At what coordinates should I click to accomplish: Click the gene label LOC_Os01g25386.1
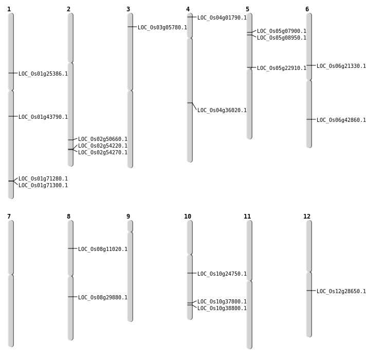tap(43, 74)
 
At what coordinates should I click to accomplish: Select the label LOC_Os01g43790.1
tap(43, 117)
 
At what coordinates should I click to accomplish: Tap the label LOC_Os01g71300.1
tap(43, 185)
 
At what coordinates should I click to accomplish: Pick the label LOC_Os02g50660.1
tap(103, 139)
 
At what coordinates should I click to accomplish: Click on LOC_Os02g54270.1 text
tap(103, 152)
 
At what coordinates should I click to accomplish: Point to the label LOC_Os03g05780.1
tap(162, 27)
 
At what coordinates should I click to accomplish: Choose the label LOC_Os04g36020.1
tap(222, 110)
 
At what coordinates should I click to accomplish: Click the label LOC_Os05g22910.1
tap(282, 68)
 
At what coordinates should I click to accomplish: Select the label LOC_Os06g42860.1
tap(341, 120)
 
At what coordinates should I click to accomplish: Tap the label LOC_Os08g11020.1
tap(103, 249)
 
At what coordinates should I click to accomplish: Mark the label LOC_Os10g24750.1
tap(222, 274)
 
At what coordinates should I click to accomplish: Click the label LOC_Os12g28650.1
tap(341, 291)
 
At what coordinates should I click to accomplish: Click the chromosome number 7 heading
tap(9, 217)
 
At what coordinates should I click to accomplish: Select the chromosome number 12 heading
tap(307, 217)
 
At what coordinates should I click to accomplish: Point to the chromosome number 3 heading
tap(128, 9)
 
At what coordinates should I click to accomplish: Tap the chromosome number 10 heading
tap(188, 217)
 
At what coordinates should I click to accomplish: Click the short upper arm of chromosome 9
tap(130, 226)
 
